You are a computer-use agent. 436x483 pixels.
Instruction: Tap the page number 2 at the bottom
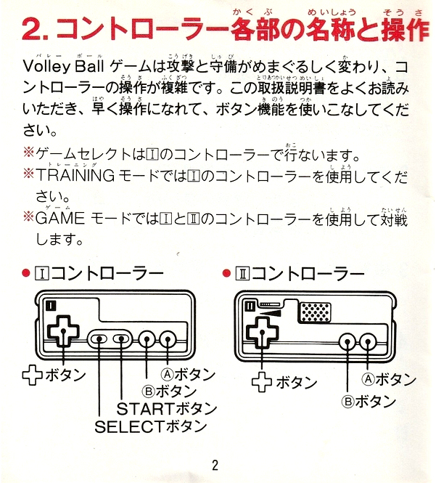(x=215, y=466)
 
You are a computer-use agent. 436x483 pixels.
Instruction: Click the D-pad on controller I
(x=63, y=331)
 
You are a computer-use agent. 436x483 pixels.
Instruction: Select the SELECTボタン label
(x=151, y=426)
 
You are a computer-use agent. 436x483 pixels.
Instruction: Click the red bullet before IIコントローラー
(x=226, y=274)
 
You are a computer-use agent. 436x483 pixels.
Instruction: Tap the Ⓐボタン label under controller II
(x=389, y=379)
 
